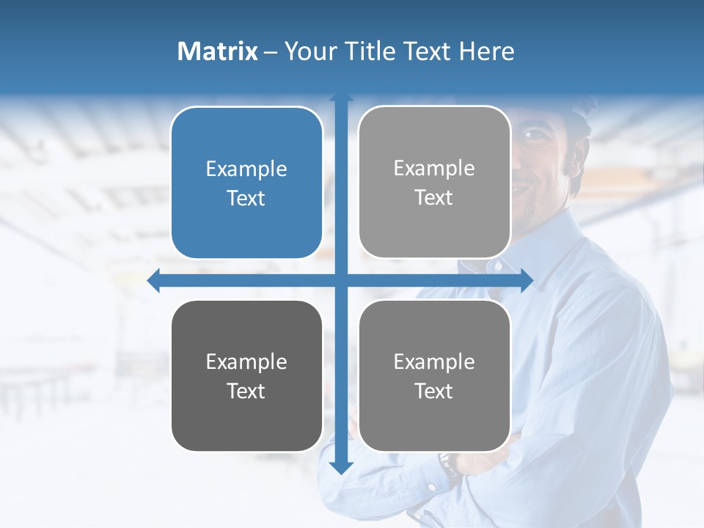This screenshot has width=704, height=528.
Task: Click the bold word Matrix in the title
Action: [217, 51]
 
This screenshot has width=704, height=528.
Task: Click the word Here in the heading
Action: [487, 51]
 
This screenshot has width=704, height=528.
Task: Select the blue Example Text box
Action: [246, 183]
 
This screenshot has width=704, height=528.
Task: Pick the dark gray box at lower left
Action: [246, 375]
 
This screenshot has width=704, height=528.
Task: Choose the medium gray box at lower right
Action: [434, 375]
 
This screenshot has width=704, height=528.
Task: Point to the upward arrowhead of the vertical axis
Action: [341, 98]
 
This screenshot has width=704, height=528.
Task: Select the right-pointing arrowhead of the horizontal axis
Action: [527, 280]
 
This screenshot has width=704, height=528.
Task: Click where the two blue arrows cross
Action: [341, 280]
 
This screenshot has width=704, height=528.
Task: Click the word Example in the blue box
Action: [246, 169]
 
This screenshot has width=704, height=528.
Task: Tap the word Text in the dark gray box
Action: [246, 391]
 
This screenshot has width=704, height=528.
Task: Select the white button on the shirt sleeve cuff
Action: [431, 486]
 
